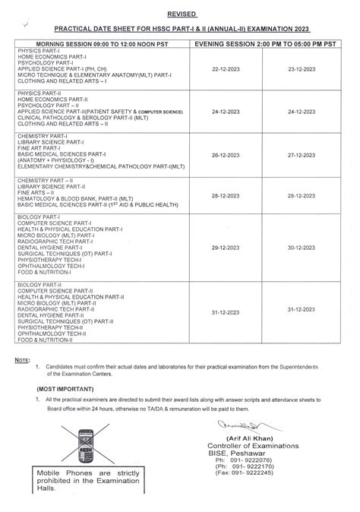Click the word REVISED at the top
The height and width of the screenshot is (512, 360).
pyautogui.click(x=179, y=14)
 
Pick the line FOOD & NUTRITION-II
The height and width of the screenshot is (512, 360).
pyautogui.click(x=45, y=341)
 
